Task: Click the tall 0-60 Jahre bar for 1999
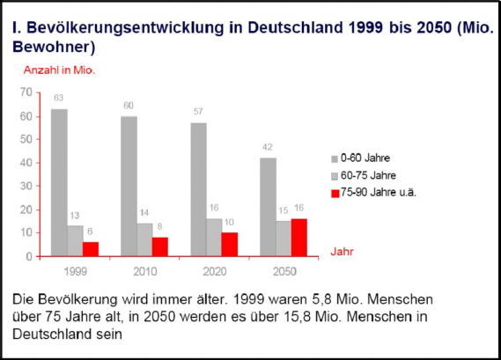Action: click(x=59, y=182)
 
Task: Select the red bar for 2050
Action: click(x=299, y=238)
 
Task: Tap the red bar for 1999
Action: click(x=91, y=249)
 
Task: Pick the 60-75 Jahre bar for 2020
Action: click(x=214, y=238)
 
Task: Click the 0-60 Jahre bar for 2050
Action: click(x=268, y=207)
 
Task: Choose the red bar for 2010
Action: click(x=160, y=246)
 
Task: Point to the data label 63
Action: click(x=58, y=98)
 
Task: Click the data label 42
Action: click(x=268, y=147)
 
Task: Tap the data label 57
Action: click(x=198, y=112)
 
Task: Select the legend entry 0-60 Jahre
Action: click(x=361, y=158)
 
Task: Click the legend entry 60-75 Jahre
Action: click(x=364, y=175)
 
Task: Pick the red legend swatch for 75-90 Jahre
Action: click(x=335, y=194)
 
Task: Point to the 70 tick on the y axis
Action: click(x=26, y=92)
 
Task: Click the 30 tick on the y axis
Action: click(x=26, y=186)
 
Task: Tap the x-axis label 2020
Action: click(x=215, y=271)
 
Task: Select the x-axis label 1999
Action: click(x=76, y=271)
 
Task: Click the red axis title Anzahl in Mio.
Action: click(x=59, y=70)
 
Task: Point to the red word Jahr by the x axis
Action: click(x=342, y=252)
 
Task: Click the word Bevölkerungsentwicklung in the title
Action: click(x=125, y=28)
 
